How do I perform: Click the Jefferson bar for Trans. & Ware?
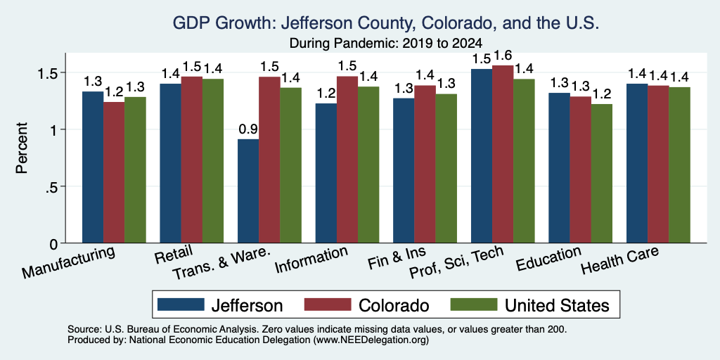coord(248,191)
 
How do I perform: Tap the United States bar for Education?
coord(602,174)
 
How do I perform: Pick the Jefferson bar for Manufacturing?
coord(93,167)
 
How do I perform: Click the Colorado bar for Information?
coord(347,160)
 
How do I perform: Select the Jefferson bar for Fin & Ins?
coord(404,171)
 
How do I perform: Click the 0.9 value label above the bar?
coord(248,129)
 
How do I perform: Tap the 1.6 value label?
coord(503,56)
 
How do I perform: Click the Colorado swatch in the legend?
coord(328,304)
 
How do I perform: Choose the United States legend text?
coord(557,305)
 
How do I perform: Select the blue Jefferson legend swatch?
coord(181,304)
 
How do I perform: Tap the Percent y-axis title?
coord(22,148)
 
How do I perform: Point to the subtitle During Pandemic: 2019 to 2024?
coord(386,43)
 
